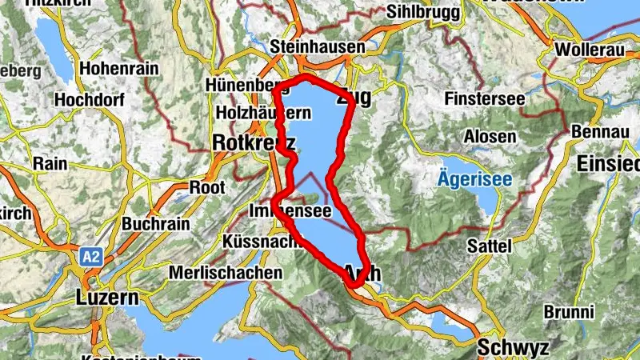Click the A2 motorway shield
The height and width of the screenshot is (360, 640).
[90, 258]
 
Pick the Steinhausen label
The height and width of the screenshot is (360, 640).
[318, 47]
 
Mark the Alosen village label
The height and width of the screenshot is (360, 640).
[490, 136]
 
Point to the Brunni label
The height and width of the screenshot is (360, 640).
[568, 311]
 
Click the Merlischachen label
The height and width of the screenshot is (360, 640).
[226, 272]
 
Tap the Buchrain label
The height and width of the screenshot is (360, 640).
[156, 223]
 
